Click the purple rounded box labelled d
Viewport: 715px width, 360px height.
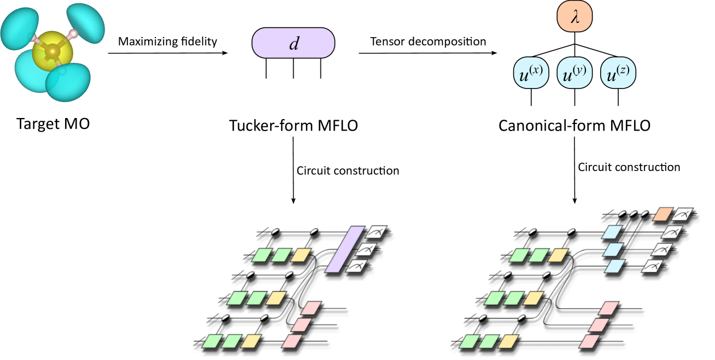293,43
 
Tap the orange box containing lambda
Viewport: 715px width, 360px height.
575,17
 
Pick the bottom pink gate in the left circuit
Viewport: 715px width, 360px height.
292,341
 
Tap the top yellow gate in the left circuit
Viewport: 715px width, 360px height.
301,255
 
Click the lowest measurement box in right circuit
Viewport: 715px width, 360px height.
653,267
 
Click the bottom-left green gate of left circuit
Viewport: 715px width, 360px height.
212,342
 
